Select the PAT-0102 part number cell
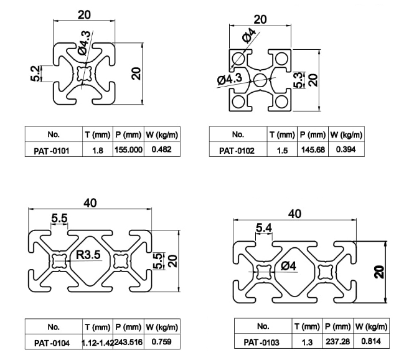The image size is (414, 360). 237,150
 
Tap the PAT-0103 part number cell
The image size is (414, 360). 262,341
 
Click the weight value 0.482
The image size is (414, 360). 162,149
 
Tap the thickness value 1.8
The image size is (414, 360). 98,150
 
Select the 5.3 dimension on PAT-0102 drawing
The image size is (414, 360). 298,79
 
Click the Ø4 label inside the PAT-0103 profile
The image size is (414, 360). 289,266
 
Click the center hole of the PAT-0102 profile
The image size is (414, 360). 261,78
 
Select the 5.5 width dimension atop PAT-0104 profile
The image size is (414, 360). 60,218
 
